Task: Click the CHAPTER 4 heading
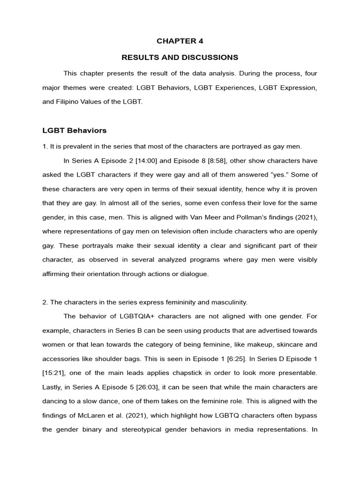(180, 41)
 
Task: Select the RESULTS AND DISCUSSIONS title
(180, 57)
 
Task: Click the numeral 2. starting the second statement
(45, 302)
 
